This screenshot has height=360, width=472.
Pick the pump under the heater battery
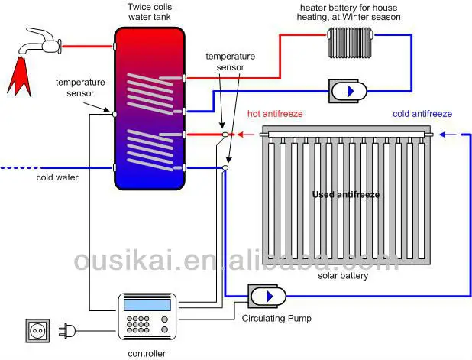click(349, 91)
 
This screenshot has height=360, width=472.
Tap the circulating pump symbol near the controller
click(265, 295)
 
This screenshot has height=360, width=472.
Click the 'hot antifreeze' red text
click(275, 114)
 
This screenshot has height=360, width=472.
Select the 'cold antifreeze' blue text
click(422, 114)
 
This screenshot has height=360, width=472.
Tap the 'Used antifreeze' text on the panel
click(345, 194)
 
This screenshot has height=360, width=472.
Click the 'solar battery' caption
click(343, 276)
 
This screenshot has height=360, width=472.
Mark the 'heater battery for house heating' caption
click(349, 12)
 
